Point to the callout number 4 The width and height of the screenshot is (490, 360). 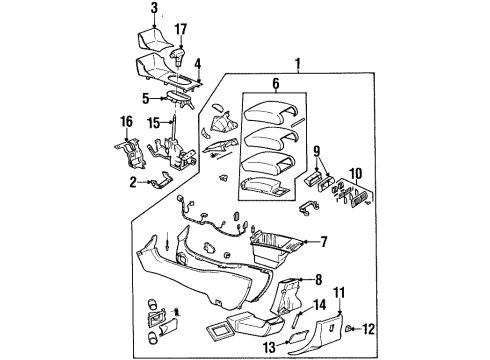197,67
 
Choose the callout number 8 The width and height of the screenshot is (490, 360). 317,279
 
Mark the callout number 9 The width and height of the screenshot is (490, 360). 318,152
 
